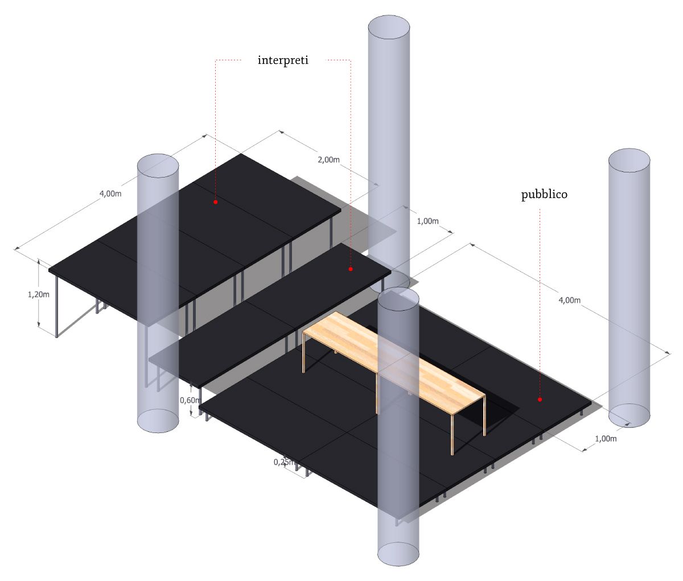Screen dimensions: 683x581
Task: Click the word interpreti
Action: tap(283, 60)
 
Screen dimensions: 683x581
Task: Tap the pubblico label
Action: tap(544, 195)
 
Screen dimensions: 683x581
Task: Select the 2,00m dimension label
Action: tap(328, 160)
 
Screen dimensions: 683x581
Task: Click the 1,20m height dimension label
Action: tap(39, 294)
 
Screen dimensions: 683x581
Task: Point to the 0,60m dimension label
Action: tap(190, 400)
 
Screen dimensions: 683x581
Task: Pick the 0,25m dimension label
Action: tap(284, 463)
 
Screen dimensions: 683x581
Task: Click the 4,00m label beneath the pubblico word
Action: tap(569, 300)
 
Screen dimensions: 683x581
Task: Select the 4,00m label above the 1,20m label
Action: tap(110, 193)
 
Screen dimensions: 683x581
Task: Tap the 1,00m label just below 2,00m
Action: tap(427, 221)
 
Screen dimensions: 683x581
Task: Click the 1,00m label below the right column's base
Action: tap(606, 439)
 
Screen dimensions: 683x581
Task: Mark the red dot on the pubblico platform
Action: tap(540, 399)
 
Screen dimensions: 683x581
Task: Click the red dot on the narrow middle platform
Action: tap(351, 269)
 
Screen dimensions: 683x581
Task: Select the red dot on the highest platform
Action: tap(216, 202)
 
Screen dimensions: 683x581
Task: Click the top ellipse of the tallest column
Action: tap(389, 27)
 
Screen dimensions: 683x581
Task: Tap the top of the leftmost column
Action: tap(158, 166)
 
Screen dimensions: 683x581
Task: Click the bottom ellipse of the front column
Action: tap(398, 553)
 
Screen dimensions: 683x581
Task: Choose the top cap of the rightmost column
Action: tap(629, 160)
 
